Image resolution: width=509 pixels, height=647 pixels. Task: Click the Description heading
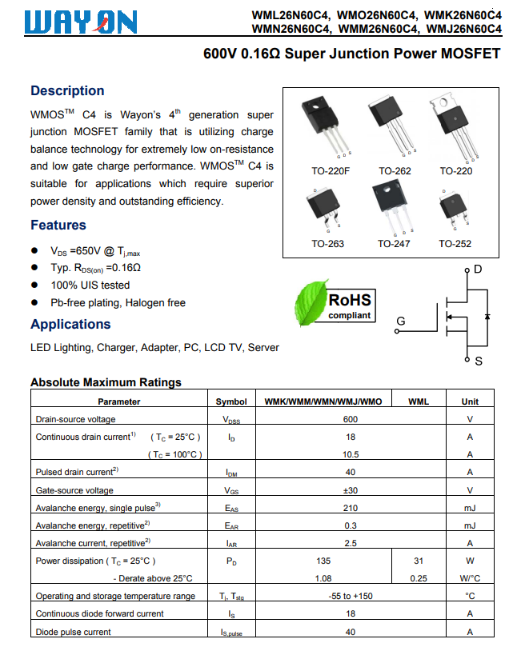point(67,91)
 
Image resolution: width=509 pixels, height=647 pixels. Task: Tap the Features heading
point(58,226)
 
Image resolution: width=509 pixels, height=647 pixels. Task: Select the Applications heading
point(70,325)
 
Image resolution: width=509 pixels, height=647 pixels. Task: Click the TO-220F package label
point(331,171)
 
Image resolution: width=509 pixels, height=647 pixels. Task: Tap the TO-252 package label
point(455,244)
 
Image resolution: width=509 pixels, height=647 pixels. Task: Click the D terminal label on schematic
point(478,270)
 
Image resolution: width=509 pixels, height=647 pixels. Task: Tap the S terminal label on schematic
point(479,361)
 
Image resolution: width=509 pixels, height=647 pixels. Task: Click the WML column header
point(418,401)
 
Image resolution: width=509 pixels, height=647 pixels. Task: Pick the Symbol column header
point(231,401)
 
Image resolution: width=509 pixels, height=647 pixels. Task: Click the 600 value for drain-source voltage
point(350,419)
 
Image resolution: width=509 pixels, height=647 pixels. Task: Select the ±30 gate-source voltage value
point(350,490)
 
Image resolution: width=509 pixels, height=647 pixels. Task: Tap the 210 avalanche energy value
point(350,508)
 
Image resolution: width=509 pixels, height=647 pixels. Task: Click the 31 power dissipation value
point(418,561)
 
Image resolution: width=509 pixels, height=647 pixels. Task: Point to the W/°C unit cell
point(470,578)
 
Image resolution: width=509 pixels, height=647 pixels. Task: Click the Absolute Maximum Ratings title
point(106,382)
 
